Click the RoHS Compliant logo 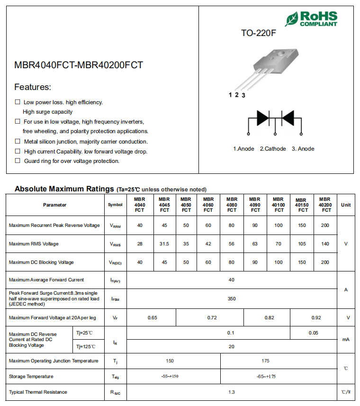(x=311, y=18)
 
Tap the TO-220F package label (x=258, y=34)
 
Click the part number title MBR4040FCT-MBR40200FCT (x=79, y=65)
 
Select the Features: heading (x=33, y=87)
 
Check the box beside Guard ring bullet (x=18, y=161)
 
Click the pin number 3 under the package (x=243, y=95)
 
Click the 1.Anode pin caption (x=243, y=149)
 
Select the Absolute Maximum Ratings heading (x=64, y=189)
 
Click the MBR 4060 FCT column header (x=208, y=205)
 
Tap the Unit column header (x=346, y=205)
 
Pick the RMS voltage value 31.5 (x=164, y=244)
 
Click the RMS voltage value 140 (x=325, y=244)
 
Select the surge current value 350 (x=232, y=299)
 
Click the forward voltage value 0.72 (x=212, y=318)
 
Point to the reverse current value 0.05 (x=313, y=333)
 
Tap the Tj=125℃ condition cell (x=86, y=347)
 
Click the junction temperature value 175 (x=265, y=361)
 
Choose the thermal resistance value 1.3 (x=232, y=392)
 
